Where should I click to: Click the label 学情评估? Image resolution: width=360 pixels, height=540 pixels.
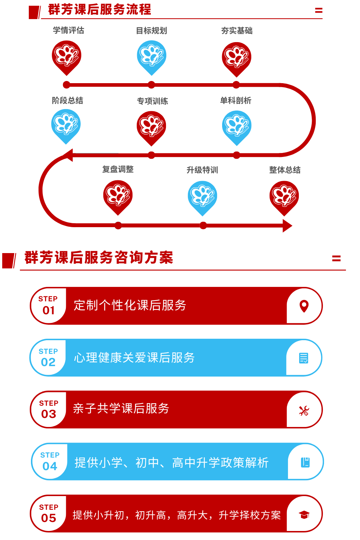coord(68,30)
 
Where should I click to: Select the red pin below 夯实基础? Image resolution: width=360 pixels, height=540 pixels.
coord(237,59)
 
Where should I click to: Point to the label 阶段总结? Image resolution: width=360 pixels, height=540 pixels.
coord(68,100)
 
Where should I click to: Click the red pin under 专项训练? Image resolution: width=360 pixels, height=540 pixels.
coord(151,129)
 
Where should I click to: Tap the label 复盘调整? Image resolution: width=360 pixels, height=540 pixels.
coord(118,169)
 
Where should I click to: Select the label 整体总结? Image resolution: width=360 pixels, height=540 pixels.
coord(285,170)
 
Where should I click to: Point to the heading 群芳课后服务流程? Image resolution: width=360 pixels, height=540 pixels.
coord(99,10)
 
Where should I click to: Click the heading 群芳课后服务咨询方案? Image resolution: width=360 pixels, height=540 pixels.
coord(99,257)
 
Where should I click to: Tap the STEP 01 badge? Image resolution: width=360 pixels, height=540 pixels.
coord(49,305)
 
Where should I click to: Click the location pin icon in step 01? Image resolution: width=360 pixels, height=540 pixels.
coord(304,306)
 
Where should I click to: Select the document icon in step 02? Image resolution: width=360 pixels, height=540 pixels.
coord(303,358)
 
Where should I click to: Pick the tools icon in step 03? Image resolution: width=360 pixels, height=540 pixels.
coord(304,411)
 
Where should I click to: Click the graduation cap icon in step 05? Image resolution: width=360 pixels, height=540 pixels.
coord(304,515)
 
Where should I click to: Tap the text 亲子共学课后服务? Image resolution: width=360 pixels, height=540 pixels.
coord(121,408)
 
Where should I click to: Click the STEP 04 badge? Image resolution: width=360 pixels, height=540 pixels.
coord(50,461)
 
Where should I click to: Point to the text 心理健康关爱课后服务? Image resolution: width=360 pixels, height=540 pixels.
coord(134,357)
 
